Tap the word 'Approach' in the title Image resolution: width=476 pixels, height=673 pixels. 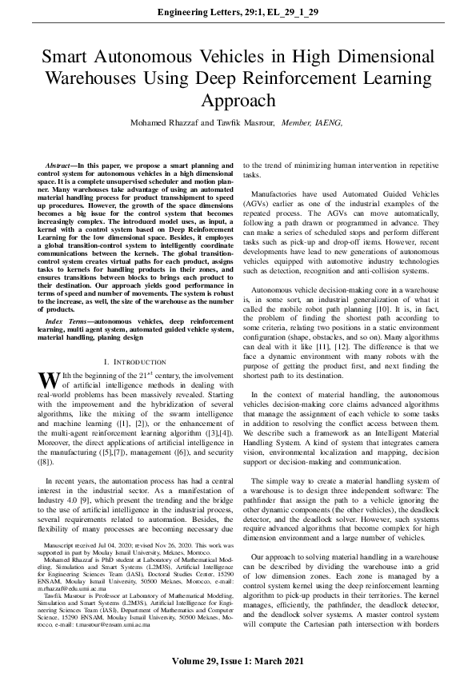point(238,102)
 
